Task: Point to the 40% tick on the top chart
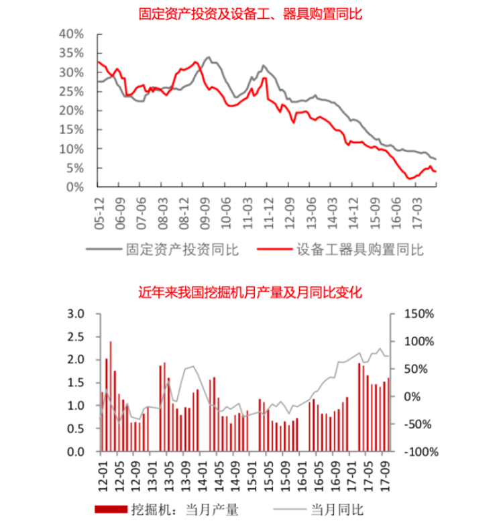(x=70, y=34)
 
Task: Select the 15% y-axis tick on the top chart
(x=70, y=130)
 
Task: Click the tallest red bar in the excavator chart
(x=110, y=396)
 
